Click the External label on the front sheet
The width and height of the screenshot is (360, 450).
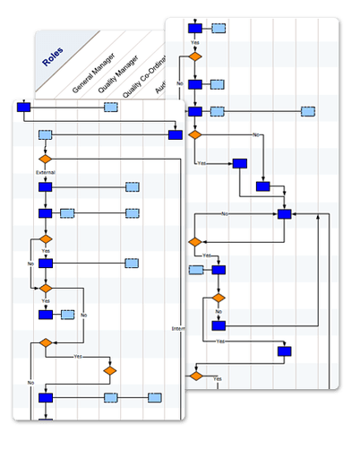[46, 171]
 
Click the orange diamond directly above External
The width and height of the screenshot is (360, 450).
[46, 158]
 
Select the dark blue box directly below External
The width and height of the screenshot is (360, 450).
[46, 187]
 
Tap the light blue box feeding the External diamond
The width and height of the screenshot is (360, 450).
[46, 134]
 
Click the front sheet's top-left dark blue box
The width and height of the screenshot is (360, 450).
[24, 108]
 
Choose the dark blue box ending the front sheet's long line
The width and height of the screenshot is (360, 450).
[176, 134]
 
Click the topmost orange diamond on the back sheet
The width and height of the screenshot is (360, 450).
[194, 56]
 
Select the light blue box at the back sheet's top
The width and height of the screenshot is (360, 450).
[219, 28]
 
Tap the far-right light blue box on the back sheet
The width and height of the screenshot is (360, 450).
[308, 112]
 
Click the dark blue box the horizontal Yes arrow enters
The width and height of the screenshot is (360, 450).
[240, 163]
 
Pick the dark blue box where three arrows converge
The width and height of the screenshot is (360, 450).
[285, 213]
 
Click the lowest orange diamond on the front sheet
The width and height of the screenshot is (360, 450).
[109, 369]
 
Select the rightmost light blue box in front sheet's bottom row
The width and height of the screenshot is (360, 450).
[155, 397]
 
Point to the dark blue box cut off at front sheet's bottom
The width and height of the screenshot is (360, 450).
[46, 420]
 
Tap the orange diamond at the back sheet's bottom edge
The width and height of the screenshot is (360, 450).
[195, 376]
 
